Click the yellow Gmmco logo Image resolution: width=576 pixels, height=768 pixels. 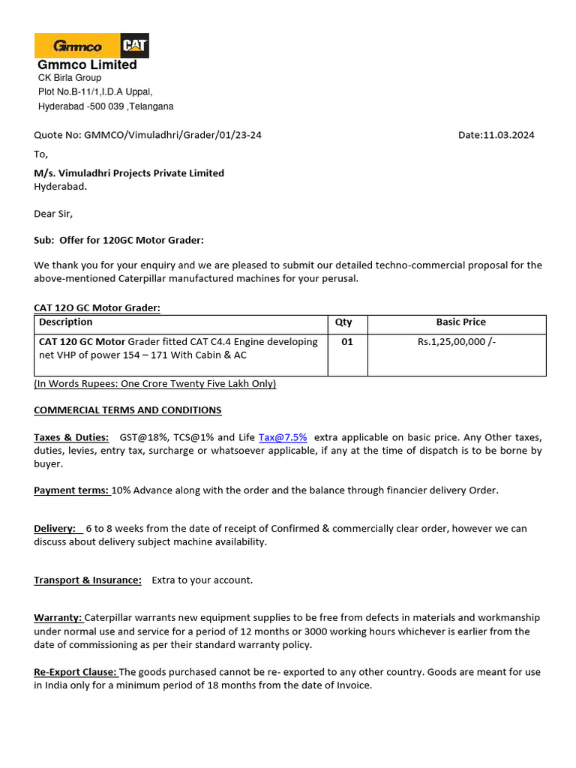click(77, 46)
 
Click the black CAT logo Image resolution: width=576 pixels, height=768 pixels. click(134, 46)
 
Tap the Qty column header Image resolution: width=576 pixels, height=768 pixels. click(343, 322)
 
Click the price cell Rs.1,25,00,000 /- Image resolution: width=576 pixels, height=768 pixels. click(457, 342)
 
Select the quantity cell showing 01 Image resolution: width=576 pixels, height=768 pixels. click(346, 342)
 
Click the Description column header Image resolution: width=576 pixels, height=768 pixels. click(66, 322)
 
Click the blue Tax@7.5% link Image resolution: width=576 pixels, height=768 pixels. click(283, 437)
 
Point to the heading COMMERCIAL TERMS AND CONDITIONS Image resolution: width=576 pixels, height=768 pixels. click(127, 410)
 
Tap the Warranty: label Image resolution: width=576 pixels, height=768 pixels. click(58, 618)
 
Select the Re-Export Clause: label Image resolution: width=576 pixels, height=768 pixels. click(75, 672)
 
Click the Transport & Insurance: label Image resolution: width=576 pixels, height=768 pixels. click(88, 580)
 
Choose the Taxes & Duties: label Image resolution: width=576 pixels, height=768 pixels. click(71, 437)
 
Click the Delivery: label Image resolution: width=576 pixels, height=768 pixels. click(55, 529)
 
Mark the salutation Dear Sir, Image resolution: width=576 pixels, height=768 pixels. click(54, 214)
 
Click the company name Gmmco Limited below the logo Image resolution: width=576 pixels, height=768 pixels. click(87, 65)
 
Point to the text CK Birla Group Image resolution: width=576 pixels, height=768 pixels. click(70, 78)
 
